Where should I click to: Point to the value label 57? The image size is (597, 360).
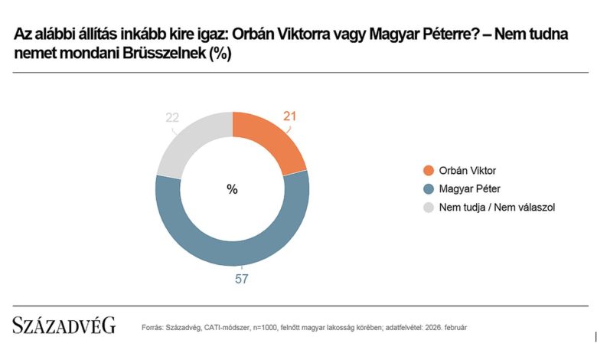(x=242, y=279)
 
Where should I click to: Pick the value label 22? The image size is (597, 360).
(x=174, y=116)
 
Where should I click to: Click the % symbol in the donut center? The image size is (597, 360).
(x=232, y=189)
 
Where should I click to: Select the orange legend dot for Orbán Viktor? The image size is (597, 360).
(x=428, y=170)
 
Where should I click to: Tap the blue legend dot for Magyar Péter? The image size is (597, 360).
(x=428, y=188)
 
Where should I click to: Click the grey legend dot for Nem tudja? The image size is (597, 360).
(x=428, y=207)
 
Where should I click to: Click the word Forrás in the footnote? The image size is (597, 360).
(x=153, y=328)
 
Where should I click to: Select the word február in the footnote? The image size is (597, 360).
(x=452, y=328)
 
